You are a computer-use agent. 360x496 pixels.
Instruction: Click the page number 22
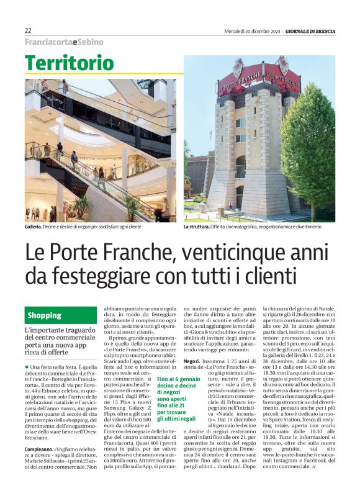point(28,30)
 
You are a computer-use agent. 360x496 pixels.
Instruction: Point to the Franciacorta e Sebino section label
point(64,42)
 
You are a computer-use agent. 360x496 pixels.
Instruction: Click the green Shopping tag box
point(61,315)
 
